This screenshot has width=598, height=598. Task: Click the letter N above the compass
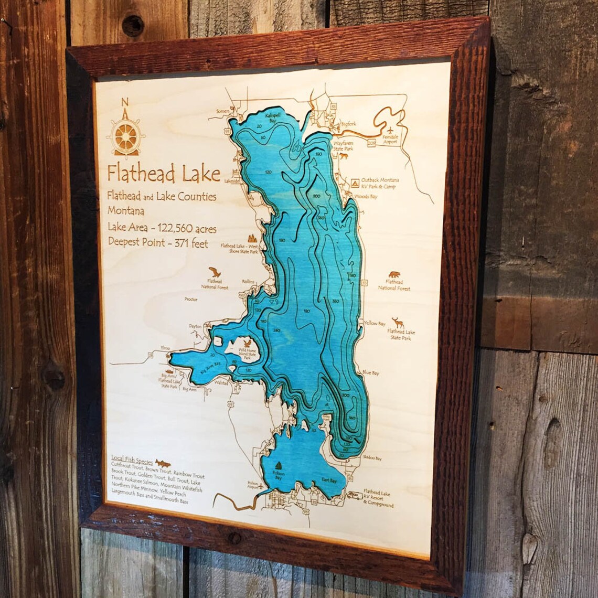tap(124, 101)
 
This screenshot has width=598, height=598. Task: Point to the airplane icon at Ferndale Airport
tap(390, 130)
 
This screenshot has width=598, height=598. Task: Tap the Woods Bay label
tap(365, 197)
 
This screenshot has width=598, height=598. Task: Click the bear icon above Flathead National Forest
tap(394, 274)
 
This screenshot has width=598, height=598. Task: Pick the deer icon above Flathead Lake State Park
tap(397, 322)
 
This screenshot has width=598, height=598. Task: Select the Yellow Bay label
tap(374, 323)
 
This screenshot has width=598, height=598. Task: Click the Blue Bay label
tap(370, 372)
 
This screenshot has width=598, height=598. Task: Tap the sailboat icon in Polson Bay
tap(278, 465)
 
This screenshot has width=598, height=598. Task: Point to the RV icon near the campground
tap(354, 495)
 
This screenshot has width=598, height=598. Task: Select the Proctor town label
tap(190, 299)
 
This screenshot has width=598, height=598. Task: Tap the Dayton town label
tap(195, 326)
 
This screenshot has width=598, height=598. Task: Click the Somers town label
tap(222, 111)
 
